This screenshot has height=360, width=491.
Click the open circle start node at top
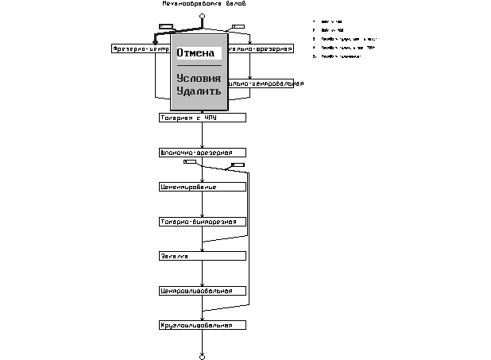click(x=202, y=16)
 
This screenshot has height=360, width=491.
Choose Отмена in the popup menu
click(x=195, y=53)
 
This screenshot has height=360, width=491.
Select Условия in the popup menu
click(x=199, y=79)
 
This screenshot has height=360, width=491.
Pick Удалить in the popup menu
click(x=199, y=91)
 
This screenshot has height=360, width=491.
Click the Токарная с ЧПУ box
click(x=202, y=118)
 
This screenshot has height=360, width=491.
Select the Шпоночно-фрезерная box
click(x=202, y=152)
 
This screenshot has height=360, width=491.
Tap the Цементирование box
click(x=202, y=187)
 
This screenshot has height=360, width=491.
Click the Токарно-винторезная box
click(x=202, y=222)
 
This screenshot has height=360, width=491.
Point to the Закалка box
click(x=202, y=256)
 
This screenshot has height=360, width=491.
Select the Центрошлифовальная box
click(x=202, y=291)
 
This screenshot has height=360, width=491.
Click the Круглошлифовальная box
click(x=202, y=325)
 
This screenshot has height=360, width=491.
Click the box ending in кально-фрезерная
click(x=265, y=48)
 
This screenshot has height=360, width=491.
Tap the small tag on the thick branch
click(x=166, y=26)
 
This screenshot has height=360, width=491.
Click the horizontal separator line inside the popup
click(x=199, y=65)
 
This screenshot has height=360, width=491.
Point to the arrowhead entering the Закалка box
click(x=202, y=250)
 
